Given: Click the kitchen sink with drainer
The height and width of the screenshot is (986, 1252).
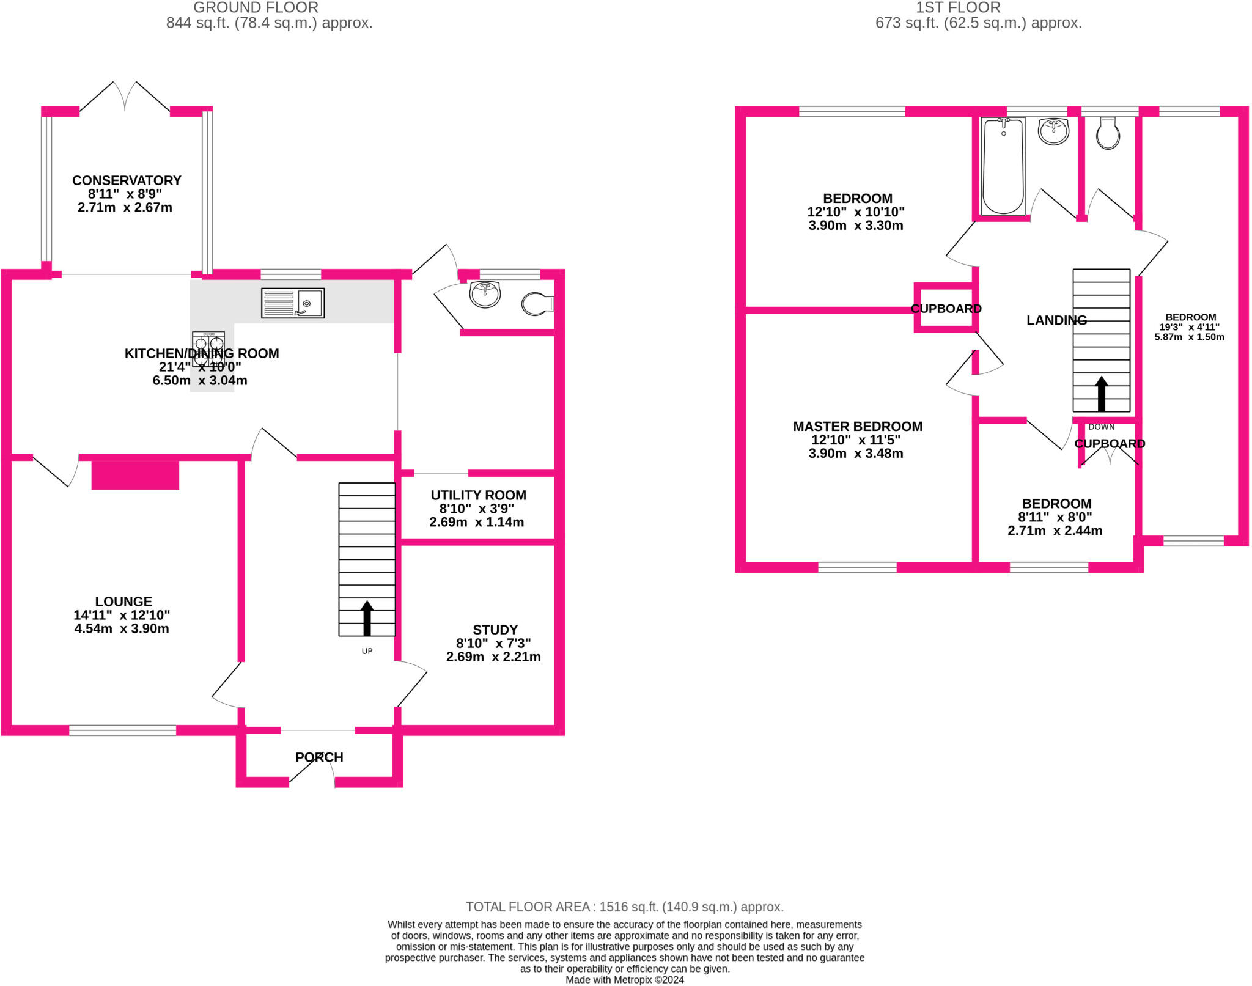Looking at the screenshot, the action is (293, 303).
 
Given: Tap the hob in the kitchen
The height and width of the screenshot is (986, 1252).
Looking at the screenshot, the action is (208, 349).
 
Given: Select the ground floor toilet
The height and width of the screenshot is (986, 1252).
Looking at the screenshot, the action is (538, 304).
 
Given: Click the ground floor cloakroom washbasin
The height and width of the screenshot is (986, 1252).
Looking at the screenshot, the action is (485, 294).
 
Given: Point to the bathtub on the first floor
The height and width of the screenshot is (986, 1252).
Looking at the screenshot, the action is (1003, 166).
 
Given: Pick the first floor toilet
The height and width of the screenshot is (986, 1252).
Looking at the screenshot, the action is (1108, 133).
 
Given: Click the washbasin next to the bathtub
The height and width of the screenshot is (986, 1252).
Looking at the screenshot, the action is (1053, 131).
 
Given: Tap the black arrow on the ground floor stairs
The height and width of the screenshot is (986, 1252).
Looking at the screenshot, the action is (367, 618).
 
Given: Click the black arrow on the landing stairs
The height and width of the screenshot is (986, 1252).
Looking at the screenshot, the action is (1101, 394).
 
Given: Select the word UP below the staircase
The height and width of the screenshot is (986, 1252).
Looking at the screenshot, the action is (367, 651).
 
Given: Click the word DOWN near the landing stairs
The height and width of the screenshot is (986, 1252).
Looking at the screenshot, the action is (1101, 427).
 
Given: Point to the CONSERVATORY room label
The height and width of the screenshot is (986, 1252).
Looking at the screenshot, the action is (127, 180).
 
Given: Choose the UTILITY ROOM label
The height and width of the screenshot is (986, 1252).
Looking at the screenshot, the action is (479, 495).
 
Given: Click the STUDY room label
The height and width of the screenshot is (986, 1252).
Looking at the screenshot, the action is (495, 630).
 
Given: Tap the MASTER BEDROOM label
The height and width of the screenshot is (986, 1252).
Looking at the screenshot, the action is (858, 427).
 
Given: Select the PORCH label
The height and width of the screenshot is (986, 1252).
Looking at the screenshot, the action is (319, 757).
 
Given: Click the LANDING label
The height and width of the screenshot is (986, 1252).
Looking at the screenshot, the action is (1056, 320).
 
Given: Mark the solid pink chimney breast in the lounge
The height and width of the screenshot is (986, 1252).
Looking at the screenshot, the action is (135, 475).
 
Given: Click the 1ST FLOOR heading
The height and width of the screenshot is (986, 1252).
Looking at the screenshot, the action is (958, 8).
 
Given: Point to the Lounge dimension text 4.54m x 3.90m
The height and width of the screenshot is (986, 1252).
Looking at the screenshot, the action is (122, 628).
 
